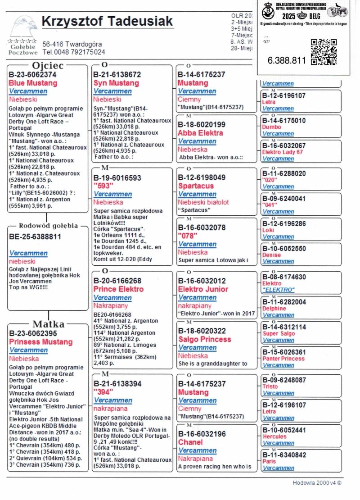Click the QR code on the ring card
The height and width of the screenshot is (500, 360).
pos(324,52)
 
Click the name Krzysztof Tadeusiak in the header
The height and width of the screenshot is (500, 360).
pos(107,22)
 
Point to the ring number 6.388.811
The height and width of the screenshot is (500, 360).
pos(287,60)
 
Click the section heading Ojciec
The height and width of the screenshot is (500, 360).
pos(47,66)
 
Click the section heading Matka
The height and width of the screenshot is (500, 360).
pos(49,324)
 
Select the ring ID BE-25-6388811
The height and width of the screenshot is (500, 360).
pos(35,236)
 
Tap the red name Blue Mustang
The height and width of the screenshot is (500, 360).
pos(33,83)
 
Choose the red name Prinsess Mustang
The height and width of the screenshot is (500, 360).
pos(40,342)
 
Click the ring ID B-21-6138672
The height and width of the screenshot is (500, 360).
pos(117,74)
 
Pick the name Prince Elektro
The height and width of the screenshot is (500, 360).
pos(118,289)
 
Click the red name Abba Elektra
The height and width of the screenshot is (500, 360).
pos(200,133)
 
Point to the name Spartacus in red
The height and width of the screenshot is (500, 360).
pos(196,186)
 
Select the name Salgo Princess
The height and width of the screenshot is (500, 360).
pos(205,339)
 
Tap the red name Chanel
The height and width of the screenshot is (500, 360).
pos(190,442)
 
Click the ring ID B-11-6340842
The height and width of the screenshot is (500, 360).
pos(284,455)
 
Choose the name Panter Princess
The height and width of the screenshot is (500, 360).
pos(283,359)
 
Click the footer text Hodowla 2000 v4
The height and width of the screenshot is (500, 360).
pos(317,482)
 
